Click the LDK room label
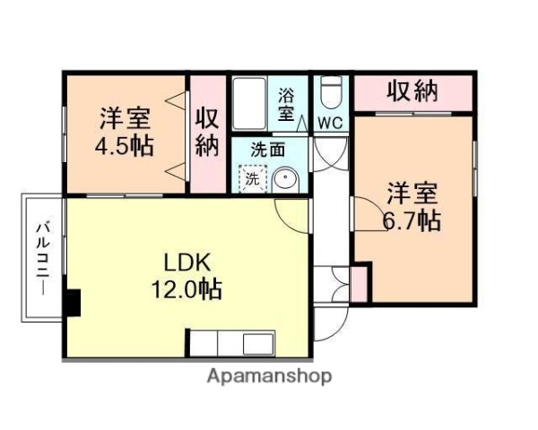click(x=186, y=263)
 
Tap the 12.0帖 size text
click(x=187, y=289)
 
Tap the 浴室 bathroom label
click(x=286, y=103)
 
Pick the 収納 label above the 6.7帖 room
click(x=412, y=91)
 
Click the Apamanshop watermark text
click(x=269, y=376)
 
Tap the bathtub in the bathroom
click(x=251, y=104)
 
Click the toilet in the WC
click(x=331, y=92)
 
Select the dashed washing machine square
click(x=253, y=178)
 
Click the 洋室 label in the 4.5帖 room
click(x=125, y=117)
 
